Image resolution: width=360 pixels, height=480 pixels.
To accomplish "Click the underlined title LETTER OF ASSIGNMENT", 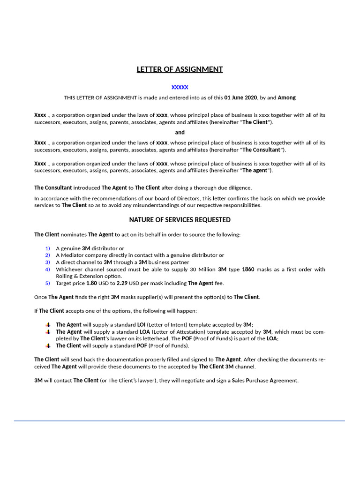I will pyautogui.click(x=180, y=69).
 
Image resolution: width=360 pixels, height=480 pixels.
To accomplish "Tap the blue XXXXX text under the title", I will pyautogui.click(x=180, y=87).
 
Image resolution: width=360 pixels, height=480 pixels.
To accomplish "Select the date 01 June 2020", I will pyautogui.click(x=241, y=97).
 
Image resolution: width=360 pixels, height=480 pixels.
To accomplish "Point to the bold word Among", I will pyautogui.click(x=287, y=97).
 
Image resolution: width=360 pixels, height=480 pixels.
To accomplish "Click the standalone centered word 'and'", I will pyautogui.click(x=180, y=132).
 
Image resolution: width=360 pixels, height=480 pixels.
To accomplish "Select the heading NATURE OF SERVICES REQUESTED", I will pyautogui.click(x=180, y=220).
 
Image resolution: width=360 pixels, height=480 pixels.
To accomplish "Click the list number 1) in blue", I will pyautogui.click(x=47, y=248).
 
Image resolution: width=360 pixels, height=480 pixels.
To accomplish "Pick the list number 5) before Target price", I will pyautogui.click(x=47, y=283).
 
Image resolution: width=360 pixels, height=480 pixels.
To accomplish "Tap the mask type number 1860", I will pyautogui.click(x=248, y=270).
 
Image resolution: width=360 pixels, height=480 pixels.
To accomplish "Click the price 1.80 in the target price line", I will pyautogui.click(x=92, y=283).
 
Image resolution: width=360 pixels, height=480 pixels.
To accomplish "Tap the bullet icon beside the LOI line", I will pyautogui.click(x=47, y=324).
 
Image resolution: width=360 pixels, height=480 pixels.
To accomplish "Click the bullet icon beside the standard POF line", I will pyautogui.click(x=47, y=345).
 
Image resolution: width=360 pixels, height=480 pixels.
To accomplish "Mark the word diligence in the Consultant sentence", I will pyautogui.click(x=240, y=187).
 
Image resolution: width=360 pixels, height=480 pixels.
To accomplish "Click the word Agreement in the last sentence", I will pyautogui.click(x=283, y=381).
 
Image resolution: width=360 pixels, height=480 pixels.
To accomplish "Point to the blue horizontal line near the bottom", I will pyautogui.click(x=180, y=421).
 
